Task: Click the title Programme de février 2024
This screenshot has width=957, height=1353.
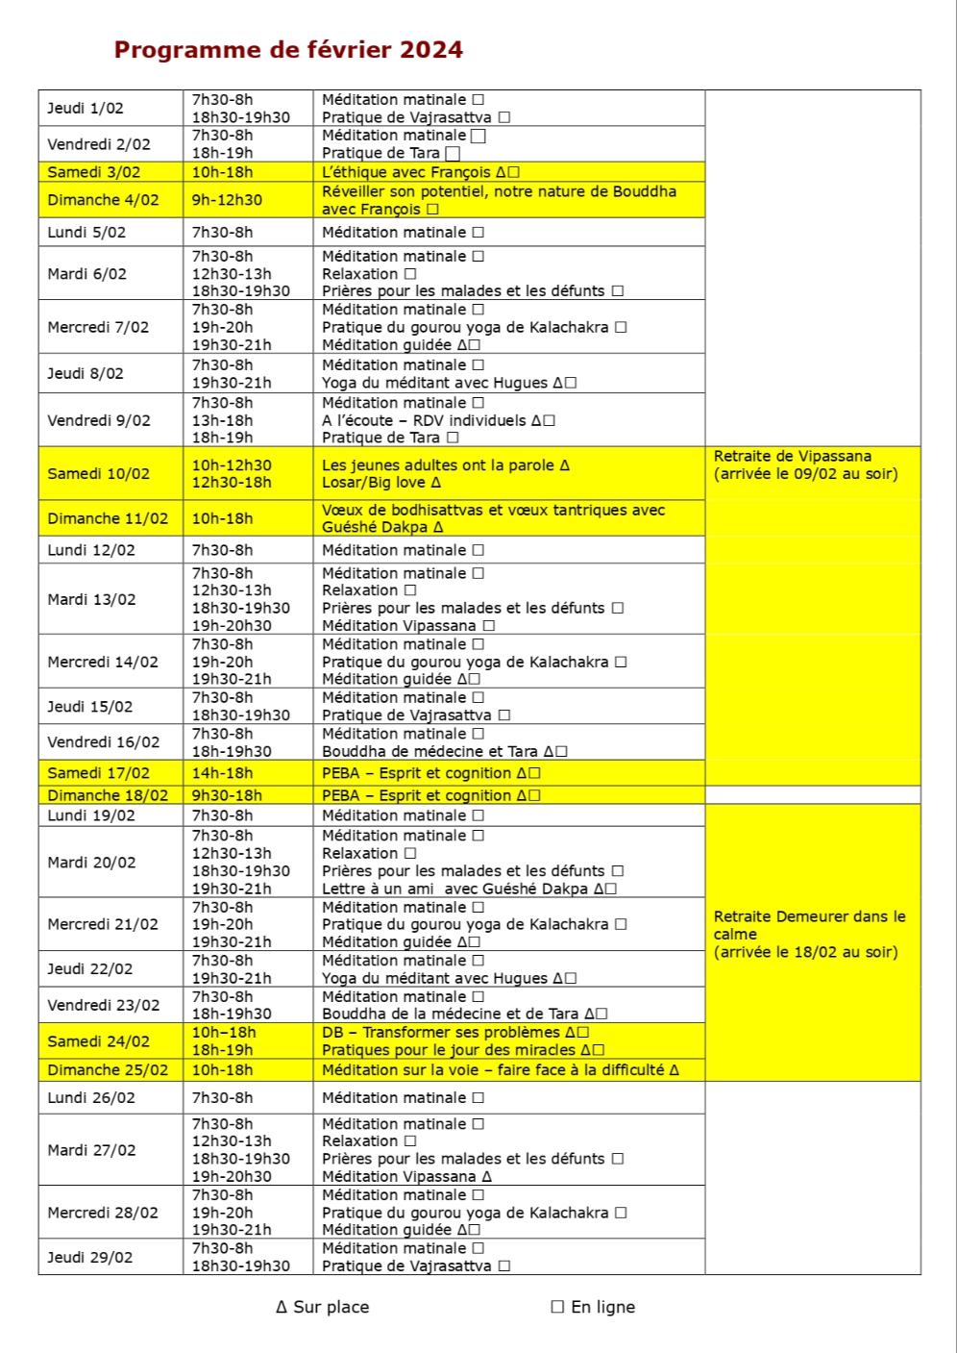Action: [x=288, y=50]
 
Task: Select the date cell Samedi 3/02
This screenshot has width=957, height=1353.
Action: [x=94, y=172]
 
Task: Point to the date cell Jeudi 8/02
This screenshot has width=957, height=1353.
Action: [x=86, y=373]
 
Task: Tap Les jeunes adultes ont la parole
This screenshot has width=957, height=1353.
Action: [x=438, y=465]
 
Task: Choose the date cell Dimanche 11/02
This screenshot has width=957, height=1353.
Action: [x=108, y=518]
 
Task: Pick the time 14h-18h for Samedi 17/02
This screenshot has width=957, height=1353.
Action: [x=222, y=773]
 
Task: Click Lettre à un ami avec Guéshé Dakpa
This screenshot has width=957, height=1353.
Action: [x=455, y=889]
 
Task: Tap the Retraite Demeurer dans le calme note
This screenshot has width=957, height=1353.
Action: [x=809, y=934]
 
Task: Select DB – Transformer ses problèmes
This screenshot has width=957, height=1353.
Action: [x=441, y=1033]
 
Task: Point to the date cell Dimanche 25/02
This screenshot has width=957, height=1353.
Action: [x=108, y=1070]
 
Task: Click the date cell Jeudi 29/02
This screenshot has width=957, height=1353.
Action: [x=90, y=1257]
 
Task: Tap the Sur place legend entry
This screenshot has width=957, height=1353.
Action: [x=323, y=1307]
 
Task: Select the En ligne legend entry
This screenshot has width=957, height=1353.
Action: [x=594, y=1307]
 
